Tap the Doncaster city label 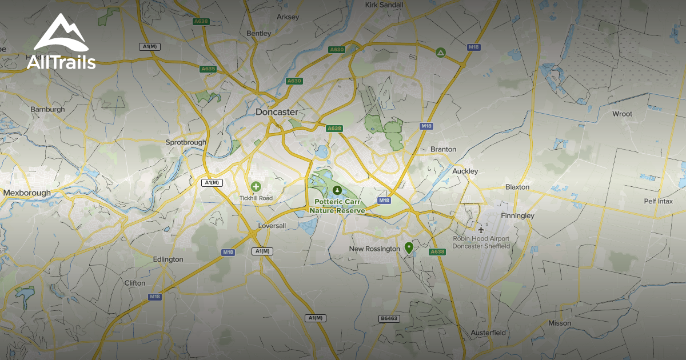click(x=277, y=112)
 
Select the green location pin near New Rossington click(x=409, y=247)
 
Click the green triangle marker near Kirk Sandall click(x=441, y=53)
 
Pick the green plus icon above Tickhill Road click(x=256, y=186)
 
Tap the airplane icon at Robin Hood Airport click(x=481, y=230)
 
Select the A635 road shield click(x=208, y=69)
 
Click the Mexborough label click(x=27, y=193)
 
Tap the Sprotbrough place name click(x=185, y=142)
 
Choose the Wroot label click(x=623, y=114)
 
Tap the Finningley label click(x=517, y=216)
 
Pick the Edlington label click(x=168, y=259)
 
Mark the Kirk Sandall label click(x=384, y=5)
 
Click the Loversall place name click(x=272, y=225)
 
